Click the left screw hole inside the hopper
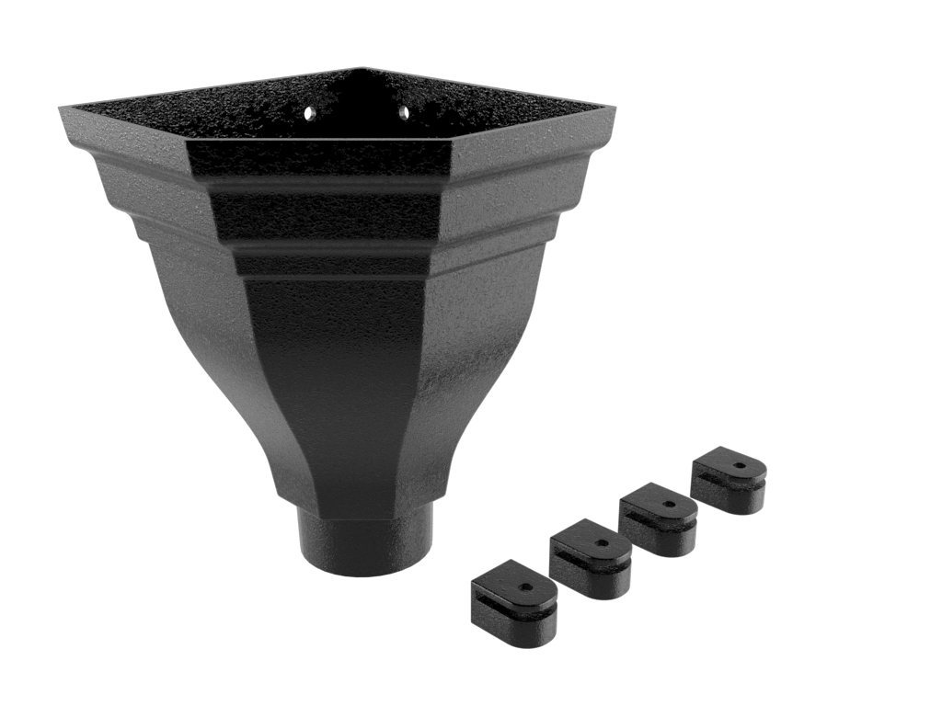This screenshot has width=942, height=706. pyautogui.click(x=313, y=112)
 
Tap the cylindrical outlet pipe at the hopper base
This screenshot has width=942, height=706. pyautogui.click(x=365, y=544)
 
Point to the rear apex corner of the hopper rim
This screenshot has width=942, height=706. pyautogui.click(x=362, y=69)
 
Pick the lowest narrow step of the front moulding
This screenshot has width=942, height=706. pyautogui.click(x=331, y=264)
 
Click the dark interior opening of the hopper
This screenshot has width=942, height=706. pyautogui.click(x=359, y=106)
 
